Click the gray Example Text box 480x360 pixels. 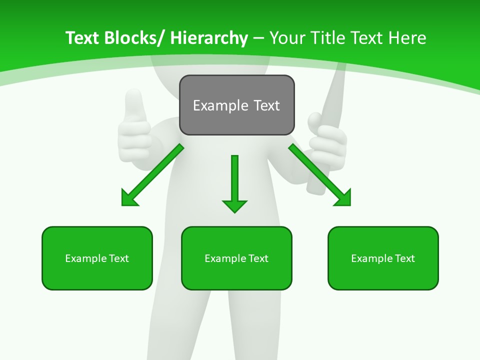[x=237, y=105]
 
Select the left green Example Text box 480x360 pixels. [x=97, y=258]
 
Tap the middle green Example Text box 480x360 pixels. [x=236, y=258]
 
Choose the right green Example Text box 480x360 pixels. [x=383, y=258]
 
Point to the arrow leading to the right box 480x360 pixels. [x=319, y=174]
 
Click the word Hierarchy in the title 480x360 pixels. [x=208, y=38]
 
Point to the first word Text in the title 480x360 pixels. [x=82, y=38]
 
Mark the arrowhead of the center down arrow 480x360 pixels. [x=234, y=205]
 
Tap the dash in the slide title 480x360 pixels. [x=258, y=38]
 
